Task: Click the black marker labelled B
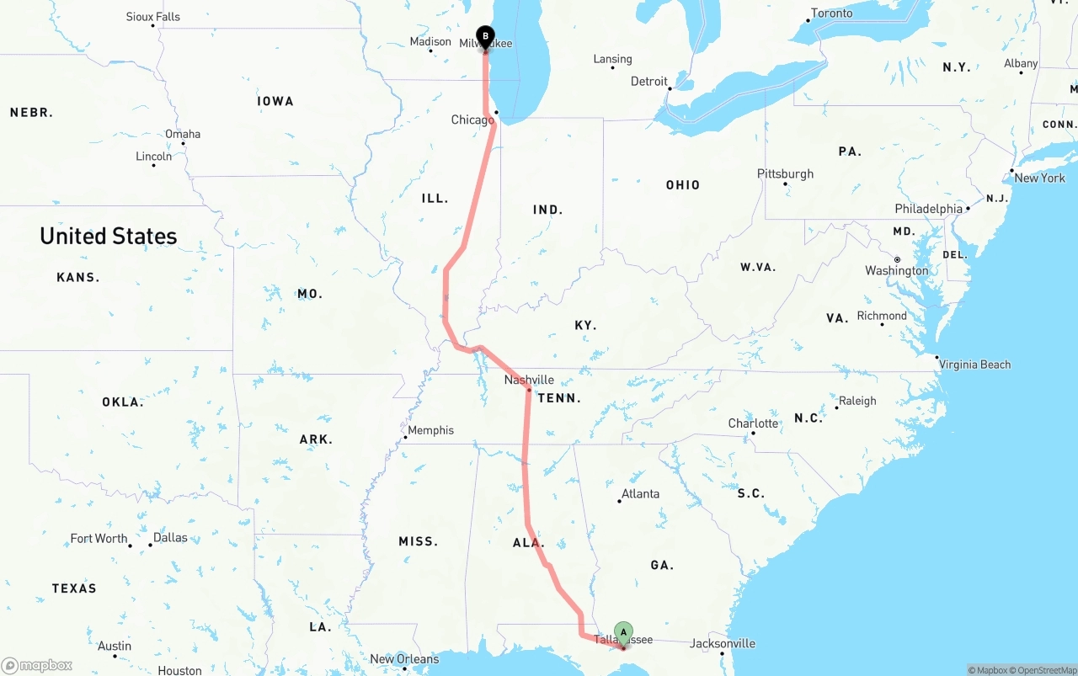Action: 485,36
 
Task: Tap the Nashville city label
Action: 529,380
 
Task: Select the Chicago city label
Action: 472,120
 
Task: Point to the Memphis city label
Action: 430,430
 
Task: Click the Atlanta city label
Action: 640,493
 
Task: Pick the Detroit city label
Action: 648,82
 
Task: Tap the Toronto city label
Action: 831,13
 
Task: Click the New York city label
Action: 1039,178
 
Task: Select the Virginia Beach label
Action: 974,365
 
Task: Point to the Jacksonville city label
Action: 723,643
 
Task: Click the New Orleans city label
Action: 404,659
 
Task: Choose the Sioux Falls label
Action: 152,17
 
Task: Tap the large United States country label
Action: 109,237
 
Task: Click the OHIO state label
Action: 682,185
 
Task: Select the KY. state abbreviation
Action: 585,325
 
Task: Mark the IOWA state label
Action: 275,101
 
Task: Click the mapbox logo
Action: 37,666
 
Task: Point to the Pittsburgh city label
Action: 785,173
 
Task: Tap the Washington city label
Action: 896,270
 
